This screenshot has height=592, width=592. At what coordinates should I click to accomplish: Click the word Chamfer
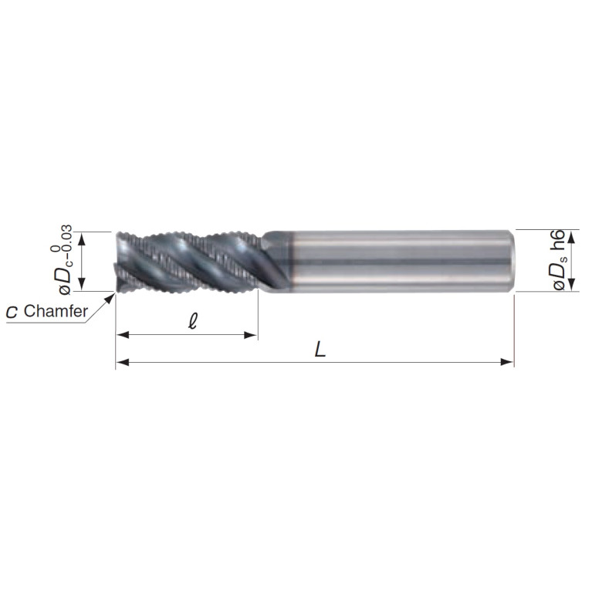point(56,312)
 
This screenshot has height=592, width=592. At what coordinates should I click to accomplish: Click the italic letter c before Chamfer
point(12,313)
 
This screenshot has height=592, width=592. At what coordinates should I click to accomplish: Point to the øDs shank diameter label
point(560,272)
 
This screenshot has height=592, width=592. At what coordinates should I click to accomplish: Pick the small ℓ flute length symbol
point(192,320)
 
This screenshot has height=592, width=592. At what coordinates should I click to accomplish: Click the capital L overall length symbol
point(320,350)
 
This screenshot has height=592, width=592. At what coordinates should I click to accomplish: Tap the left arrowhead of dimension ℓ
point(123,335)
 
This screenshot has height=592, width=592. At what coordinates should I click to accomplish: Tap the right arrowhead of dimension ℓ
point(251,335)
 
